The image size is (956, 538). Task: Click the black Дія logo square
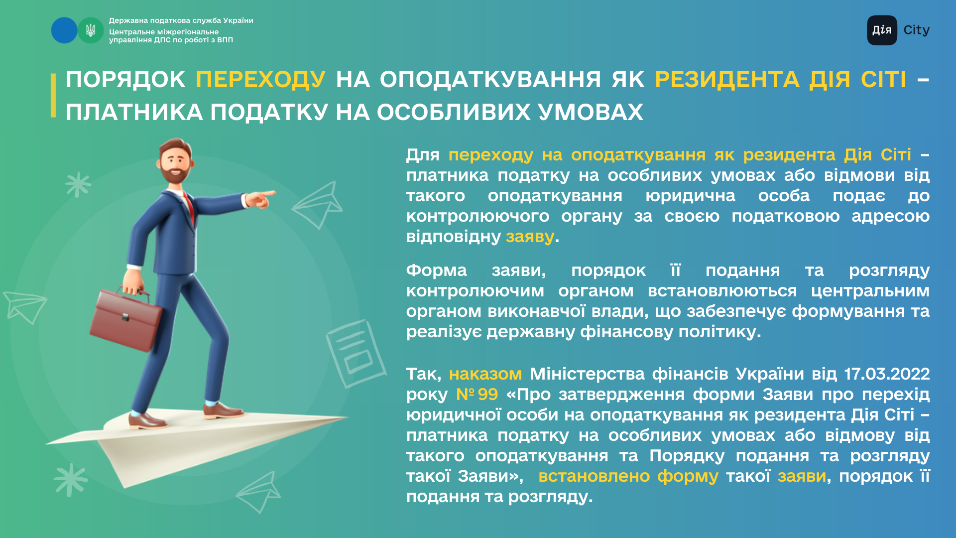tap(882, 30)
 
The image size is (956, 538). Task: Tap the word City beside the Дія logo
tap(916, 30)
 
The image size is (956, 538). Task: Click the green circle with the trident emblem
tap(91, 30)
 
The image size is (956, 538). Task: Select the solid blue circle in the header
tap(64, 30)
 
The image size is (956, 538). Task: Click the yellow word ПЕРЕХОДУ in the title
tap(261, 80)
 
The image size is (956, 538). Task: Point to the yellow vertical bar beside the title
tap(53, 95)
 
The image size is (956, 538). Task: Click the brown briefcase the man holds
tap(125, 319)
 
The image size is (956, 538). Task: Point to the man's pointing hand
tap(260, 199)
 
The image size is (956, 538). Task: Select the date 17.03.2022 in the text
tap(887, 374)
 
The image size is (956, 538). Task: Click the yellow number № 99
tap(477, 395)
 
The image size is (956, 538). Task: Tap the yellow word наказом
tap(485, 374)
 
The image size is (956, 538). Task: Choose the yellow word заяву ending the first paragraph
tap(530, 237)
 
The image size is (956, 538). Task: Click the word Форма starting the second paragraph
tap(437, 270)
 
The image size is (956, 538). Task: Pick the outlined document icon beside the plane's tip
tap(356, 353)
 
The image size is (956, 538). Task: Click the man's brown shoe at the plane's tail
tap(146, 421)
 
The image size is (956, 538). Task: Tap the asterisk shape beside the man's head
tap(78, 184)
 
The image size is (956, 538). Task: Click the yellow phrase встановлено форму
tap(628, 476)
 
